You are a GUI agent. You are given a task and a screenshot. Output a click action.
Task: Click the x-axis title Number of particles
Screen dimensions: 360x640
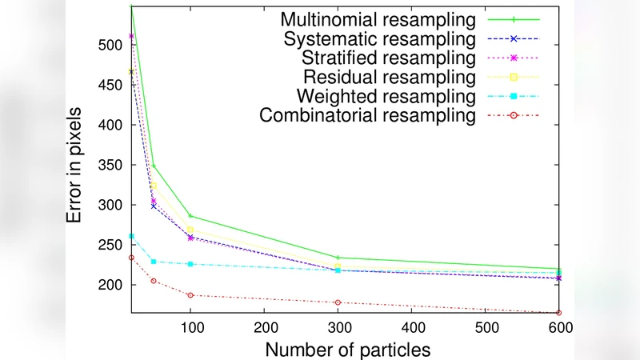(348, 350)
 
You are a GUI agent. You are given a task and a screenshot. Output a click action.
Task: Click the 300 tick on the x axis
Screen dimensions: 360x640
(338, 328)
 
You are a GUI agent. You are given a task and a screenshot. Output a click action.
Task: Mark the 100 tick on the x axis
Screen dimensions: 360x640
(190, 328)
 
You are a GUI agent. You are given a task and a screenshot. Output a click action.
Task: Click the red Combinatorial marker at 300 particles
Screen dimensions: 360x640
(338, 302)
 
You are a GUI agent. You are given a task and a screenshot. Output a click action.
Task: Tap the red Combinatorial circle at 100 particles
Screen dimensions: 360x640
(190, 295)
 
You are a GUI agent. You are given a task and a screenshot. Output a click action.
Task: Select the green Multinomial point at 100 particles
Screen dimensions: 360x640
(190, 216)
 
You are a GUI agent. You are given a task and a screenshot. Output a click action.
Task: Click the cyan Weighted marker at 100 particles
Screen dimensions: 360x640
(190, 264)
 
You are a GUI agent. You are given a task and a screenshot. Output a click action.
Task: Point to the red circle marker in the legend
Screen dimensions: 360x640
(514, 115)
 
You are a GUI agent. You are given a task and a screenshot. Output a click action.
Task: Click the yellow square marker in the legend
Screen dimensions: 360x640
(514, 77)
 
